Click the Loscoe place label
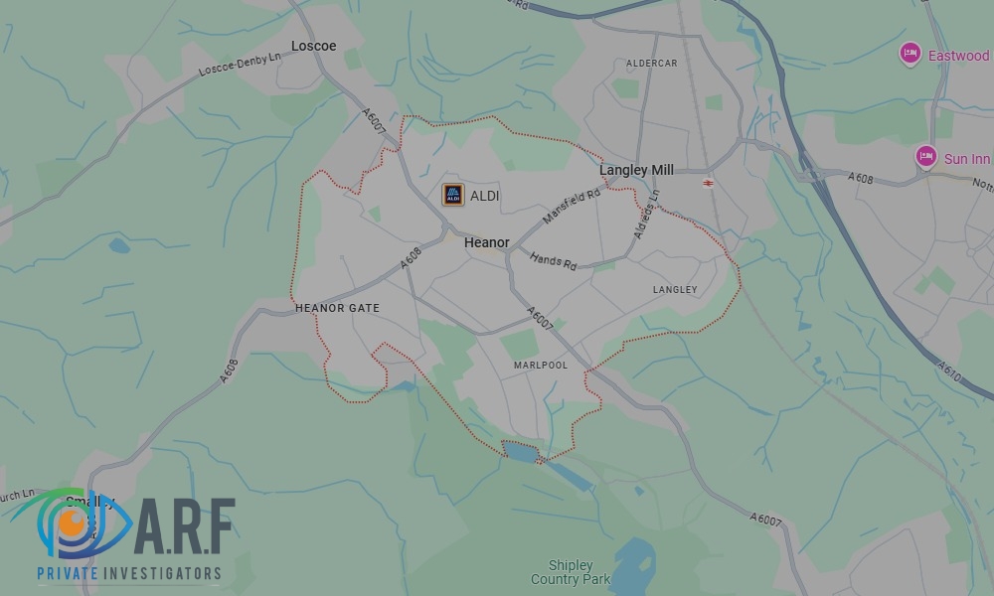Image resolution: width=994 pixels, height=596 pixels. click(313, 46)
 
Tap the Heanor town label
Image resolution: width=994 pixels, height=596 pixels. click(487, 242)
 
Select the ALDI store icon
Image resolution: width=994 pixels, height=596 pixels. click(453, 195)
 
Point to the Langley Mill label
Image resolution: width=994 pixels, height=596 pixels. click(636, 170)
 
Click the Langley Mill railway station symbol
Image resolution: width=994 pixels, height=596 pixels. click(708, 183)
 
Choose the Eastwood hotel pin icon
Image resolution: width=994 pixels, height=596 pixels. click(909, 54)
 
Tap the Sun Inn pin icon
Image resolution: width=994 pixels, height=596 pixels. click(925, 156)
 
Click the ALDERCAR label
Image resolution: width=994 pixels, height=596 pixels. click(651, 64)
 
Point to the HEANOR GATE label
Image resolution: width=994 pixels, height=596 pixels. click(337, 308)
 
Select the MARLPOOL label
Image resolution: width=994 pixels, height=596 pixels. click(540, 366)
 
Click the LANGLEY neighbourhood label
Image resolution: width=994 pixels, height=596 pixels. click(675, 290)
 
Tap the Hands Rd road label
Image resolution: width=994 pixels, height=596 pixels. click(553, 261)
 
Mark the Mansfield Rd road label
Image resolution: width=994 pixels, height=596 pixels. click(572, 206)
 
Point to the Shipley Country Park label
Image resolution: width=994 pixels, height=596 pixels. click(570, 572)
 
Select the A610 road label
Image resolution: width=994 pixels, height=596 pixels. click(949, 370)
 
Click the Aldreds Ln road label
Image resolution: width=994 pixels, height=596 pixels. click(646, 220)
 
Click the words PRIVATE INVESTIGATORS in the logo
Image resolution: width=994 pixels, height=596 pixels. click(129, 573)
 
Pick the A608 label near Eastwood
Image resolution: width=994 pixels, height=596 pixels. click(860, 178)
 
